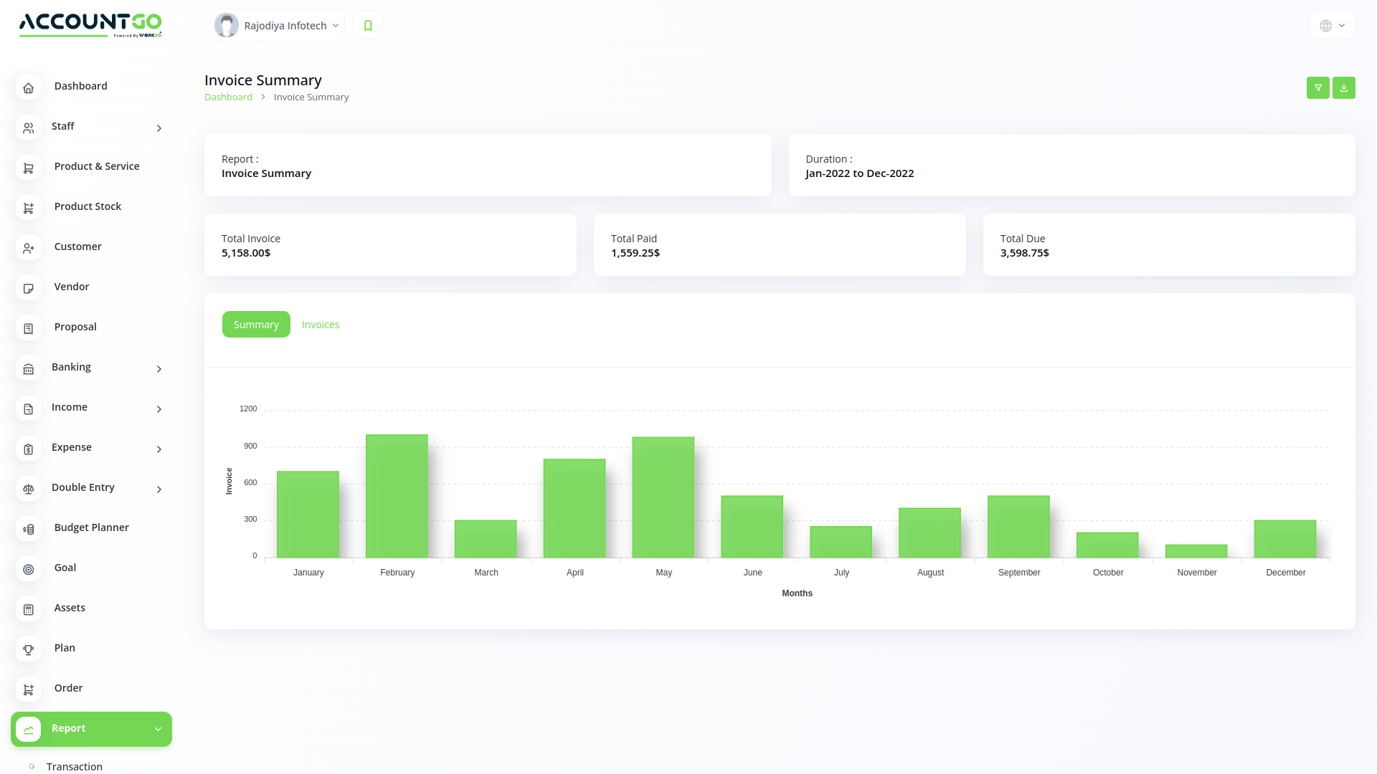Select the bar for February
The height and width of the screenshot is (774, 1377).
click(397, 496)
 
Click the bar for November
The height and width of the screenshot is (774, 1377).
click(1196, 551)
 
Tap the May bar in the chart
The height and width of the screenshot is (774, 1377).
click(663, 497)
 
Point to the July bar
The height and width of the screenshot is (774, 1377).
click(841, 542)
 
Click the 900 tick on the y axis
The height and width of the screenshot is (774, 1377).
click(250, 446)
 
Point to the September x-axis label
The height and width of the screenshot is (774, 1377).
click(1019, 573)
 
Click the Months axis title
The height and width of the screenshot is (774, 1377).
click(797, 593)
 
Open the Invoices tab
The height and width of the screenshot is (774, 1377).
click(321, 325)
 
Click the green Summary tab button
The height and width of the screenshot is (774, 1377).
click(256, 325)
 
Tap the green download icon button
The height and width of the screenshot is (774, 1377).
click(1343, 87)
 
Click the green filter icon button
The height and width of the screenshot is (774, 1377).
click(1317, 87)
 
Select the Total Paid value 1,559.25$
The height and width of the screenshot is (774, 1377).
click(635, 253)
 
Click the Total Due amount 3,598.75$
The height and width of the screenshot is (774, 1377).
click(1024, 253)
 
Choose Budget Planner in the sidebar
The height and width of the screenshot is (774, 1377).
click(91, 527)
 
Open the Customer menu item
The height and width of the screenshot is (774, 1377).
click(77, 247)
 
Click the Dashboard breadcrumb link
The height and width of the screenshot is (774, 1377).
click(228, 97)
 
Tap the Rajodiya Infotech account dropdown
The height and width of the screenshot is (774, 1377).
click(278, 26)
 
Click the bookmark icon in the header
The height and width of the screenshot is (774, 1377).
click(368, 26)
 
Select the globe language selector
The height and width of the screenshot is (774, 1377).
click(1332, 26)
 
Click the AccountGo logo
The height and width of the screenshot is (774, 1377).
click(90, 24)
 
